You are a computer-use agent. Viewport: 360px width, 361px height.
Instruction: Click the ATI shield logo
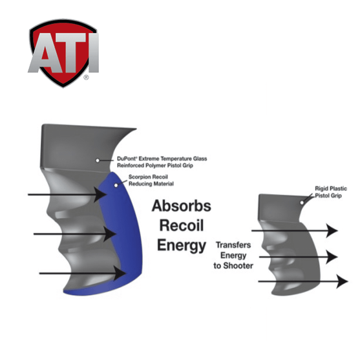tap(63, 53)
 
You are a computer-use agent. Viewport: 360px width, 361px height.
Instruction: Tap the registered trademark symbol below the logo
tap(86, 78)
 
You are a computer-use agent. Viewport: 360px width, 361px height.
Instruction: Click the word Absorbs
tap(181, 206)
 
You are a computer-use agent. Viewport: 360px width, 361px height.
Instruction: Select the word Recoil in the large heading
tap(182, 225)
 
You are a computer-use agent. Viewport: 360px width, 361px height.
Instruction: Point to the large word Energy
tap(182, 246)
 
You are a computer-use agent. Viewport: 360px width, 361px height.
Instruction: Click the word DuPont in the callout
tap(127, 159)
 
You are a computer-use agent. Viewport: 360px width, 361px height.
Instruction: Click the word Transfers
tap(233, 245)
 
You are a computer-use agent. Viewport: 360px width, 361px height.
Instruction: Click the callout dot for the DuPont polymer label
tap(98, 160)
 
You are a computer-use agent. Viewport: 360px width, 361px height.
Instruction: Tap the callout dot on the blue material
tap(116, 185)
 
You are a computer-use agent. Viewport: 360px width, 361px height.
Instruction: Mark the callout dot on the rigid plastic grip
tap(302, 202)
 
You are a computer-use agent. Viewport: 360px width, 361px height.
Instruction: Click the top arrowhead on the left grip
tap(100, 195)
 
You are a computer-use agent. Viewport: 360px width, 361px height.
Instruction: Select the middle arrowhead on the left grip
tap(110, 234)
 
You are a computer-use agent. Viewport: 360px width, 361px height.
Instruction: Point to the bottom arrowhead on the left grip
tap(120, 273)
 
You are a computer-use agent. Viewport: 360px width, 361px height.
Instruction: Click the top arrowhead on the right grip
tap(332, 230)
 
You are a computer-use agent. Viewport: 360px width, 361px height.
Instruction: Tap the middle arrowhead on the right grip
tap(332, 257)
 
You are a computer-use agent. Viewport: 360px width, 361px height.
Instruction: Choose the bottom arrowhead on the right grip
tap(342, 281)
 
